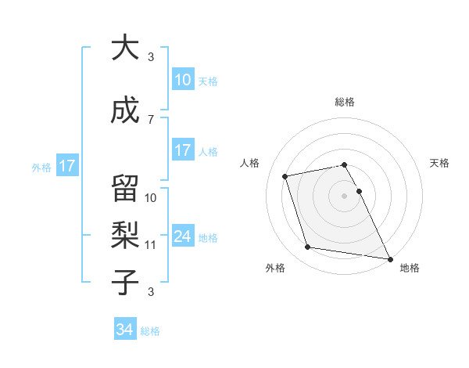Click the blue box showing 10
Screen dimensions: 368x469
click(x=182, y=80)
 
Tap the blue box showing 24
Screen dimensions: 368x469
click(x=182, y=237)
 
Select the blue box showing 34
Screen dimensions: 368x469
click(x=125, y=330)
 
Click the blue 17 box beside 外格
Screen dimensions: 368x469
click(x=66, y=166)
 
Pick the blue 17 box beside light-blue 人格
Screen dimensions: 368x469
click(x=182, y=150)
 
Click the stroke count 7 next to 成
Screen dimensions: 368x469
click(x=151, y=119)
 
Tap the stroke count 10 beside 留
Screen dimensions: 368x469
click(x=151, y=197)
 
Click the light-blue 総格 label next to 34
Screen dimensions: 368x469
click(x=150, y=331)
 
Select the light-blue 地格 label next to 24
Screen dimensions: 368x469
click(x=208, y=238)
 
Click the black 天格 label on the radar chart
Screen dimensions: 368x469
click(x=439, y=163)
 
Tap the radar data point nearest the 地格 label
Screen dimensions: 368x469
click(x=389, y=258)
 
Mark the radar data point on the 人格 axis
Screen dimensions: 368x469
click(x=285, y=175)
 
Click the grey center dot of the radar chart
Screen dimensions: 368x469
click(x=344, y=195)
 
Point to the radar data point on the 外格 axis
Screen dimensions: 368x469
click(x=308, y=247)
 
